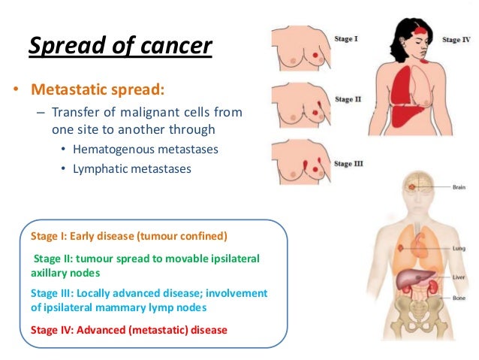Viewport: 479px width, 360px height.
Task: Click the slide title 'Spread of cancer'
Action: pyautogui.click(x=120, y=46)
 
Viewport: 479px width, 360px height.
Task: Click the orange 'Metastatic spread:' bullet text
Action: pyautogui.click(x=97, y=91)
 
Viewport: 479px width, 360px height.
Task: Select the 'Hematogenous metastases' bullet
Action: pyautogui.click(x=146, y=149)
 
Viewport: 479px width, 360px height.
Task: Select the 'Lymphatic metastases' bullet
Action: pyautogui.click(x=132, y=168)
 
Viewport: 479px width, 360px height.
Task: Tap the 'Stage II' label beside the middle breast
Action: pyautogui.click(x=348, y=98)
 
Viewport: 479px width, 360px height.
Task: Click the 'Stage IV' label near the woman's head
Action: pyautogui.click(x=456, y=39)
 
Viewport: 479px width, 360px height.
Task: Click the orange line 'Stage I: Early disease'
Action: pyautogui.click(x=128, y=236)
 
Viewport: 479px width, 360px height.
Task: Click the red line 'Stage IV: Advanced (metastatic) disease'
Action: pyautogui.click(x=128, y=329)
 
